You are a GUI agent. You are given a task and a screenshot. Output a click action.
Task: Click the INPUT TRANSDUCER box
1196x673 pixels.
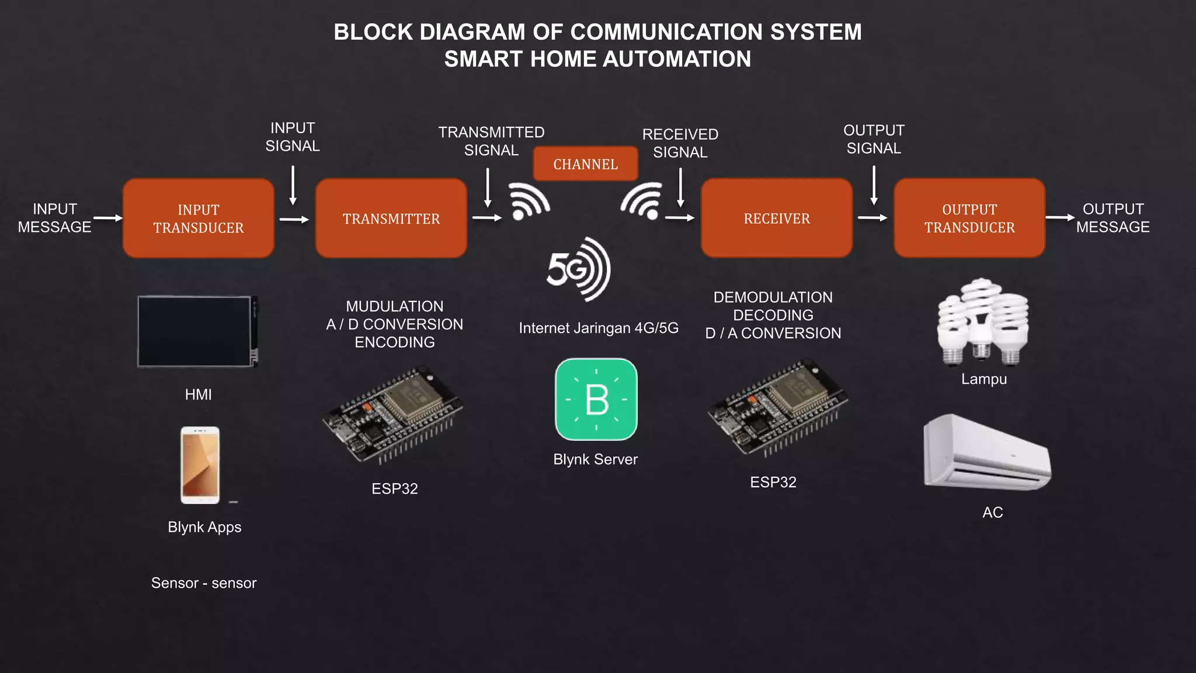point(199,218)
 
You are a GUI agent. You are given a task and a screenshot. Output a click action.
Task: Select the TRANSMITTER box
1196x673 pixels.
point(391,218)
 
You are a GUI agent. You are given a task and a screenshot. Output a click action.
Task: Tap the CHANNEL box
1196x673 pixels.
point(585,164)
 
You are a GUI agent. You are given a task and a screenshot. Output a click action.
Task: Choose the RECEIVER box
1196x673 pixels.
point(777,218)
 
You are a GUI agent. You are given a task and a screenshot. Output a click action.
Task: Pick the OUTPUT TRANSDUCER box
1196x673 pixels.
point(969,218)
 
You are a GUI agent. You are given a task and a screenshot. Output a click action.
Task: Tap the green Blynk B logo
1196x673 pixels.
point(596,400)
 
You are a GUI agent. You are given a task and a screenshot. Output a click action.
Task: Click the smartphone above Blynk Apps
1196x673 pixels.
point(200,465)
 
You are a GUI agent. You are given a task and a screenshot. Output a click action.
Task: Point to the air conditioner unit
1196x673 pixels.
point(987,453)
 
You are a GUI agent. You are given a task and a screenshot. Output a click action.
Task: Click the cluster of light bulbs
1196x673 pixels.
point(983,322)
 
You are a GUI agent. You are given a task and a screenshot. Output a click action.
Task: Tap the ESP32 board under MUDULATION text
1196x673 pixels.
point(392,414)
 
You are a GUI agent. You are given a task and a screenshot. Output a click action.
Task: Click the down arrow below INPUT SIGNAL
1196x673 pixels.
point(293,185)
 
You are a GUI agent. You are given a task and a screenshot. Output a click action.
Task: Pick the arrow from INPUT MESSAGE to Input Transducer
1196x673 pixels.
point(108,218)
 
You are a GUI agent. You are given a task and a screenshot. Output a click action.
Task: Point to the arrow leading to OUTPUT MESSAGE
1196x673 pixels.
point(1059,217)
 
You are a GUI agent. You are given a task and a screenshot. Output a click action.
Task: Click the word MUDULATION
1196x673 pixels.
point(394,306)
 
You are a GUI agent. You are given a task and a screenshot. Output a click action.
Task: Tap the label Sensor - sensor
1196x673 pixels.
point(204,583)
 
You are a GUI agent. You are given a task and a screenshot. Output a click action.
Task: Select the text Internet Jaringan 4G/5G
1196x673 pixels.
point(599,328)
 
